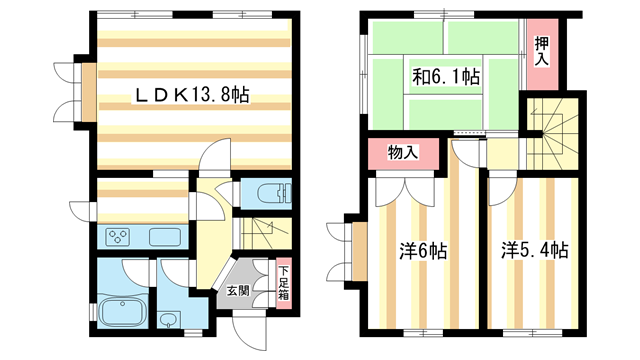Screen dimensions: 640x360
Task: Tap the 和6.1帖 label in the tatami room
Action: [x=446, y=76]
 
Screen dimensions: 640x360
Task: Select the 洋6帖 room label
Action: [x=423, y=251]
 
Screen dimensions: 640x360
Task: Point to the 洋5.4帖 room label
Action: [x=535, y=250]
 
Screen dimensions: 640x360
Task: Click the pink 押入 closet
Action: [x=542, y=54]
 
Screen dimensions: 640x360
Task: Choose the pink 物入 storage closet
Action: [x=403, y=153]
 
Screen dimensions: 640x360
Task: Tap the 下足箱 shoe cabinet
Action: [x=284, y=282]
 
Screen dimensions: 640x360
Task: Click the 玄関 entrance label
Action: [x=238, y=291]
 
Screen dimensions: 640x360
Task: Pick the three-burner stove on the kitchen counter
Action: [x=118, y=237]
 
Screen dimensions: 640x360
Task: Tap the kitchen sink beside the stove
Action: [x=165, y=237]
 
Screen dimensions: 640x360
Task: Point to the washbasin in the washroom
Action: [x=169, y=320]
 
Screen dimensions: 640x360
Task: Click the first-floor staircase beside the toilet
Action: [x=265, y=233]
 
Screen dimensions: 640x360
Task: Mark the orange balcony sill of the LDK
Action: [x=89, y=92]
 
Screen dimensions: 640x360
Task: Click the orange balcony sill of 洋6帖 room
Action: [x=360, y=251]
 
